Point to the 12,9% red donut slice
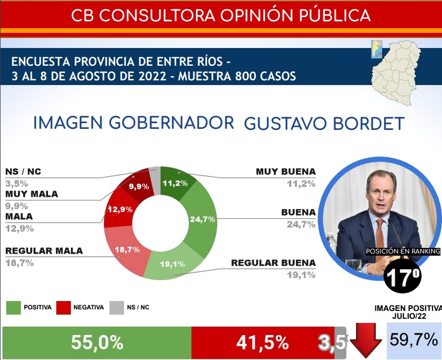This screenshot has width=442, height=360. pos(118,211)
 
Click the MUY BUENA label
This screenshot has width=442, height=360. pos(286,172)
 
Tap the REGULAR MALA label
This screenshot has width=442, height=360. pos(44,251)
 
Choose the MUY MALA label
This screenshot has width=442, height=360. pos(31,194)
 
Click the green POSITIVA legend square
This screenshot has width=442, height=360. pos(13,307)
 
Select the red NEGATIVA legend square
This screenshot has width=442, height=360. pos(63,307)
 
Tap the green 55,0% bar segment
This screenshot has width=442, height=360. pos(97,343)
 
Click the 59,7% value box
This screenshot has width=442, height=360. pos(414,340)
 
